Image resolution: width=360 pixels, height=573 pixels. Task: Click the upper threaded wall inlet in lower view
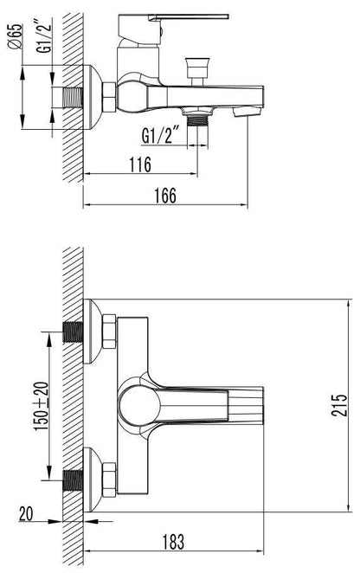[73, 332]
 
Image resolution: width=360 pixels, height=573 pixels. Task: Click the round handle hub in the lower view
[138, 403]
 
